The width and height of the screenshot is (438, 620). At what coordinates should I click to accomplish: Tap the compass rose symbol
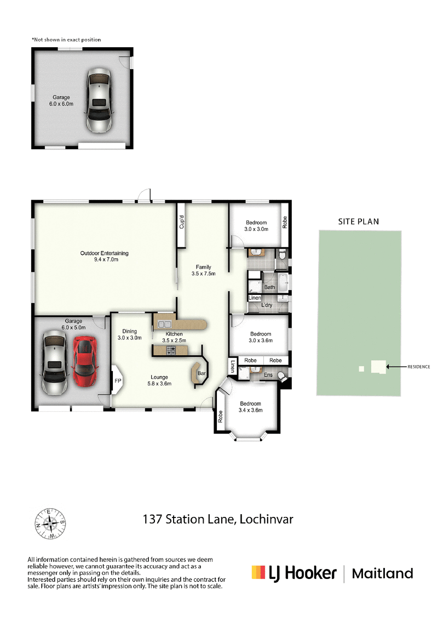pos(50,522)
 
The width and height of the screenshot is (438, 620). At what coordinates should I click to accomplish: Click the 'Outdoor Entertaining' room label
pos(104,256)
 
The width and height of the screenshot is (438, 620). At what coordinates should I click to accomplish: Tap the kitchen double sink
pos(163,323)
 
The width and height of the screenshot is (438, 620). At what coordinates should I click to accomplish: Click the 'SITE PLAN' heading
pos(359,221)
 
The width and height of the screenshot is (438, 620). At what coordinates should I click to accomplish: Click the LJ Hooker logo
pos(293,573)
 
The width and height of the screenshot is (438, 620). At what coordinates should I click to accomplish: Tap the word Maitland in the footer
pos(382,574)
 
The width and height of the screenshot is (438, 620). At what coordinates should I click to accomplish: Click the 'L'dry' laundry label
pos(267,305)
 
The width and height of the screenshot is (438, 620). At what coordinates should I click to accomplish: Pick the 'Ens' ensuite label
pos(268,374)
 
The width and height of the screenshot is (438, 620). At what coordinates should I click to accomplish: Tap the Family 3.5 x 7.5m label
pos(203,270)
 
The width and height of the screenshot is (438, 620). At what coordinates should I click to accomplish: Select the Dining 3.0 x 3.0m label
pos(130,334)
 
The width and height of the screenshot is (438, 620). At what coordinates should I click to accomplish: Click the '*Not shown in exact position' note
pos(66,39)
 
